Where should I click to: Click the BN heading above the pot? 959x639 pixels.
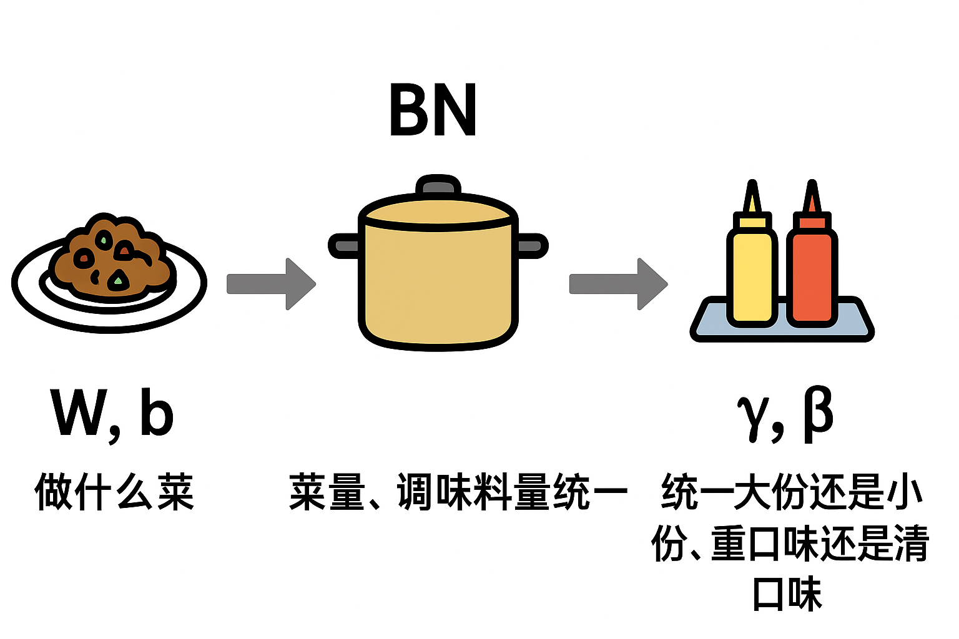coord(433,110)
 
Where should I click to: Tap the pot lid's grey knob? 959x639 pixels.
coord(438,185)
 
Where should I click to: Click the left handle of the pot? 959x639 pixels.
coord(344,245)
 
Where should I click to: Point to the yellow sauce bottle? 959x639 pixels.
coord(752,275)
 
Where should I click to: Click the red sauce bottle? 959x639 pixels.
coord(812,275)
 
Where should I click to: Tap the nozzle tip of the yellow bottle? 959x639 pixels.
coord(753,187)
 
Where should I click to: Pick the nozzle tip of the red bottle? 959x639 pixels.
coord(812,187)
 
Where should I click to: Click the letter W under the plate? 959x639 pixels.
coord(76,413)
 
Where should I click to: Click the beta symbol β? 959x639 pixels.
coord(817,413)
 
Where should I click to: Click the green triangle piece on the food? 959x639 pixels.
coord(117,280)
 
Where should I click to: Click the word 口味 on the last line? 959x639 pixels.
coord(787,594)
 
